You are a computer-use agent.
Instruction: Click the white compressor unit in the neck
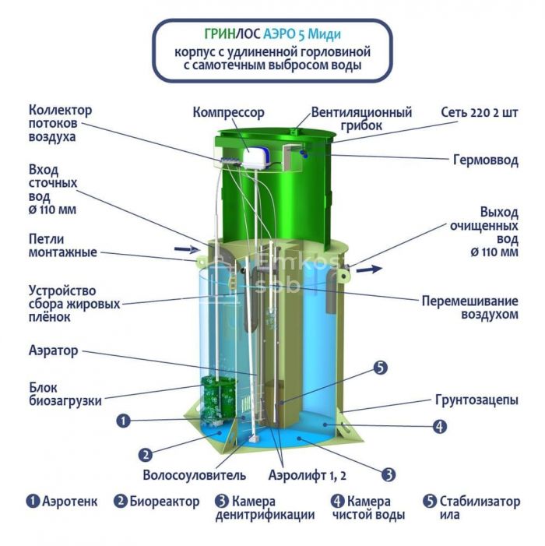point(257,158)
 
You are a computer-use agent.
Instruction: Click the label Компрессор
point(229,112)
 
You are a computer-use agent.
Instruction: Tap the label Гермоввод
point(486,160)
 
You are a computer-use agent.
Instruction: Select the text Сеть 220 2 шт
point(480,112)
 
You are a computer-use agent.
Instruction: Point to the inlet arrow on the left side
point(187,248)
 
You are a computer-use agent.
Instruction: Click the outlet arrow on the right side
point(369,269)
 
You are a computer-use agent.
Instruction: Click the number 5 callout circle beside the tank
point(380,368)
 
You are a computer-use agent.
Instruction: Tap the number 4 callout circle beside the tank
point(440,426)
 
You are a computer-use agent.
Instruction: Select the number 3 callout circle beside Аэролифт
point(389,474)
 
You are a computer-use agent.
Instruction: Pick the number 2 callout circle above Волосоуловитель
point(146,455)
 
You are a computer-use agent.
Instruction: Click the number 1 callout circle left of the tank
point(123,421)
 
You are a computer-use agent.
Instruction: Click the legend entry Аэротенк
point(62,502)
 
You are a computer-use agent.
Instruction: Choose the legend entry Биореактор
point(156,502)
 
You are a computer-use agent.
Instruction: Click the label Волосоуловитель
point(194,475)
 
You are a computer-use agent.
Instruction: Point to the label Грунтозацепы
point(476,400)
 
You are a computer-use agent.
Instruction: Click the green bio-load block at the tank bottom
point(219,400)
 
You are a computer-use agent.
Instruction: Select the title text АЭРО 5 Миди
point(302,34)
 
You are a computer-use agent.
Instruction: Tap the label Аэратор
point(53,350)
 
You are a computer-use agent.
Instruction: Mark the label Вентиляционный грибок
point(361,118)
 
